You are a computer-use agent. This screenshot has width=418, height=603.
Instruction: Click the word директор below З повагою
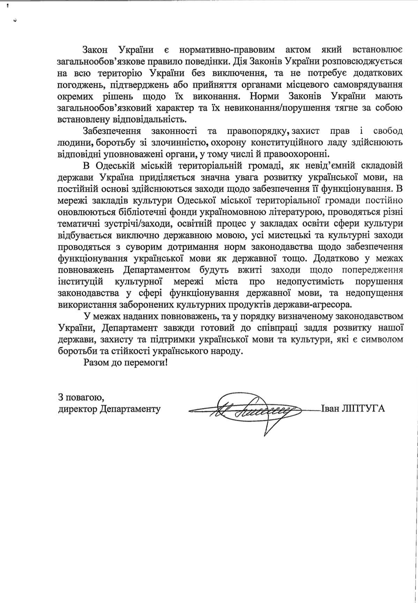[77, 409]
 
